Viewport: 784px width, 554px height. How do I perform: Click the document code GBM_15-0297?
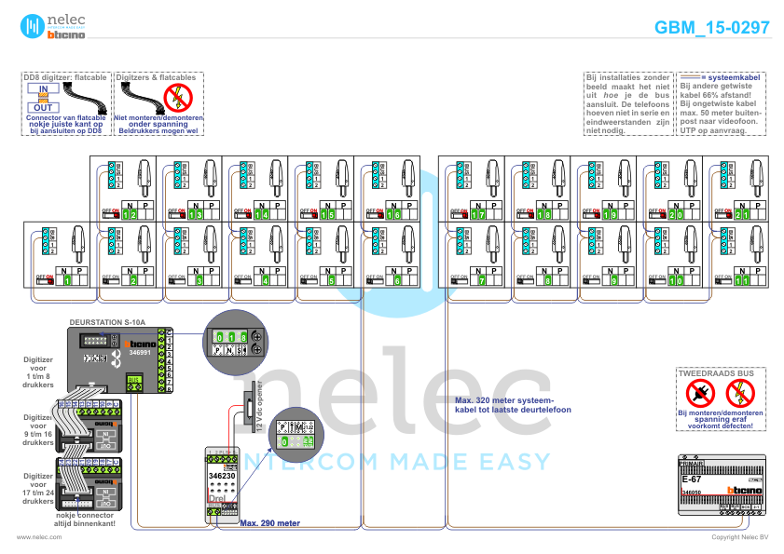coord(711,27)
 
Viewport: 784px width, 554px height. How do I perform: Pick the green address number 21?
coord(743,215)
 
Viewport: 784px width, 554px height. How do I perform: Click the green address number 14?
coord(265,215)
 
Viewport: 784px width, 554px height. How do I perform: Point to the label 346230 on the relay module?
coord(222,475)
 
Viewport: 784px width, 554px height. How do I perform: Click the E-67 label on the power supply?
coord(692,479)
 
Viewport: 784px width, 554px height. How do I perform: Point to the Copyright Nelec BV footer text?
coord(738,537)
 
